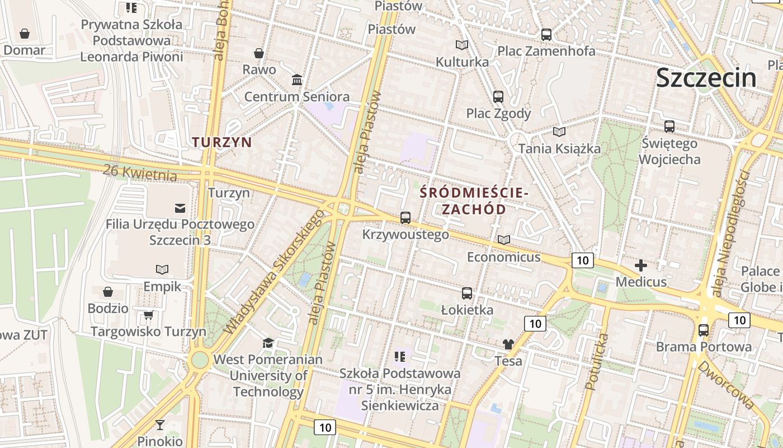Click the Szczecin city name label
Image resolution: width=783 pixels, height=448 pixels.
pos(706,77)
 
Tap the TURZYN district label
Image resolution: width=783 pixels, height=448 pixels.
pos(222,142)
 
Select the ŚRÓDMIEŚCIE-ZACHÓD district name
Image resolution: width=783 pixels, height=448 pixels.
pos(474,201)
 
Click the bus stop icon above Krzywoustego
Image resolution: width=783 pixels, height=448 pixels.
pos(405,218)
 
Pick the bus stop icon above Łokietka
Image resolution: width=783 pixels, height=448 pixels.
pos(467,293)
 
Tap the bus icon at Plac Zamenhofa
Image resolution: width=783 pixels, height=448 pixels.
pos(546,34)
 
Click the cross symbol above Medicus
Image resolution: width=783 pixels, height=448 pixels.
pos(641,265)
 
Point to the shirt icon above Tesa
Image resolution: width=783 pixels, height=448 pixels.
pos(508,344)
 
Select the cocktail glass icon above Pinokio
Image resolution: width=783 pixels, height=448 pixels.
pos(160,425)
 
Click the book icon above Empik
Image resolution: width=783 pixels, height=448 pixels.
pos(162,270)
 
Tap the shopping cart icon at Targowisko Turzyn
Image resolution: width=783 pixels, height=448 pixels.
pos(148,315)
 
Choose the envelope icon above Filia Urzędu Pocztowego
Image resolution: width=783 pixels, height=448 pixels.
pos(180,208)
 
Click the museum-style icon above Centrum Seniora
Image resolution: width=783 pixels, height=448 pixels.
pos(297,80)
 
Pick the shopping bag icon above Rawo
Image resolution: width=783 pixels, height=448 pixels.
pos(259,53)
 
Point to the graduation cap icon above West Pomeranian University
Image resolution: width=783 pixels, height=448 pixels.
pos(268,343)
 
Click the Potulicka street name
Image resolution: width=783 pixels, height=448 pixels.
pos(596,361)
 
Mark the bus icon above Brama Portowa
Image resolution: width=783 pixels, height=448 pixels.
pos(704,330)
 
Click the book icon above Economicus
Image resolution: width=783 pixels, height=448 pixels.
pos(504,240)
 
